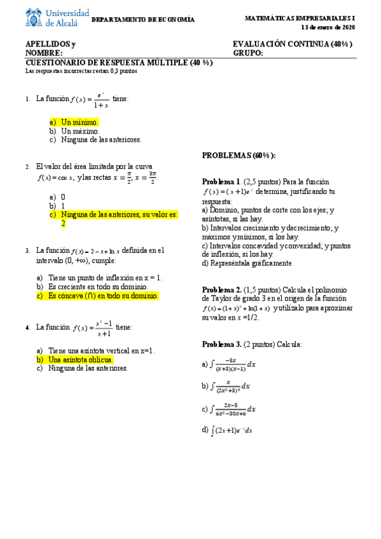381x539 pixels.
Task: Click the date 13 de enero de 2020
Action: click(328, 27)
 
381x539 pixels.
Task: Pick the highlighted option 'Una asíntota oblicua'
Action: click(81, 359)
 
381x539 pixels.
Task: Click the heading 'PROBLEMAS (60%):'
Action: click(239, 156)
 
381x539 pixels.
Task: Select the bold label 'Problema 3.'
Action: click(222, 344)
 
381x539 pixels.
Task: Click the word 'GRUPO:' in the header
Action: click(247, 53)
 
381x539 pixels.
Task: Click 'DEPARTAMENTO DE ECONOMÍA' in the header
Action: click(144, 20)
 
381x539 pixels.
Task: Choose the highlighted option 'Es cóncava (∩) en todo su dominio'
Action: click(103, 296)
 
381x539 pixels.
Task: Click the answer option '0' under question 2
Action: click(63, 197)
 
